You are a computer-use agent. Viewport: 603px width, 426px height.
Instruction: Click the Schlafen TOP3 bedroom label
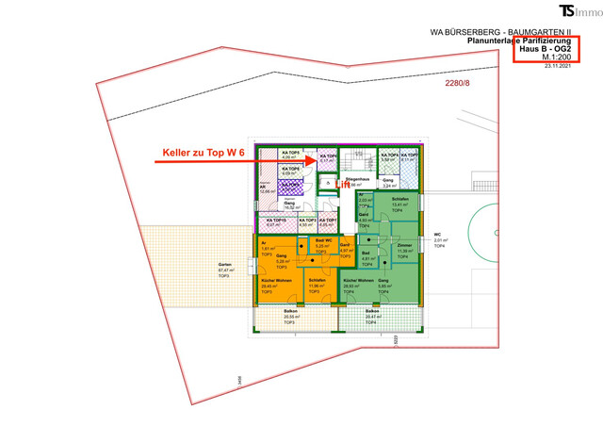317,284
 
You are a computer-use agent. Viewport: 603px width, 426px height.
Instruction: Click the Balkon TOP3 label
278,317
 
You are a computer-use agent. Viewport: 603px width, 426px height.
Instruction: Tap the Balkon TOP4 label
372,316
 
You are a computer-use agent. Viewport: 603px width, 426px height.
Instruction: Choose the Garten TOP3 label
224,269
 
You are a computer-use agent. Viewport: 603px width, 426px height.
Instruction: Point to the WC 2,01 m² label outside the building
437,237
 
